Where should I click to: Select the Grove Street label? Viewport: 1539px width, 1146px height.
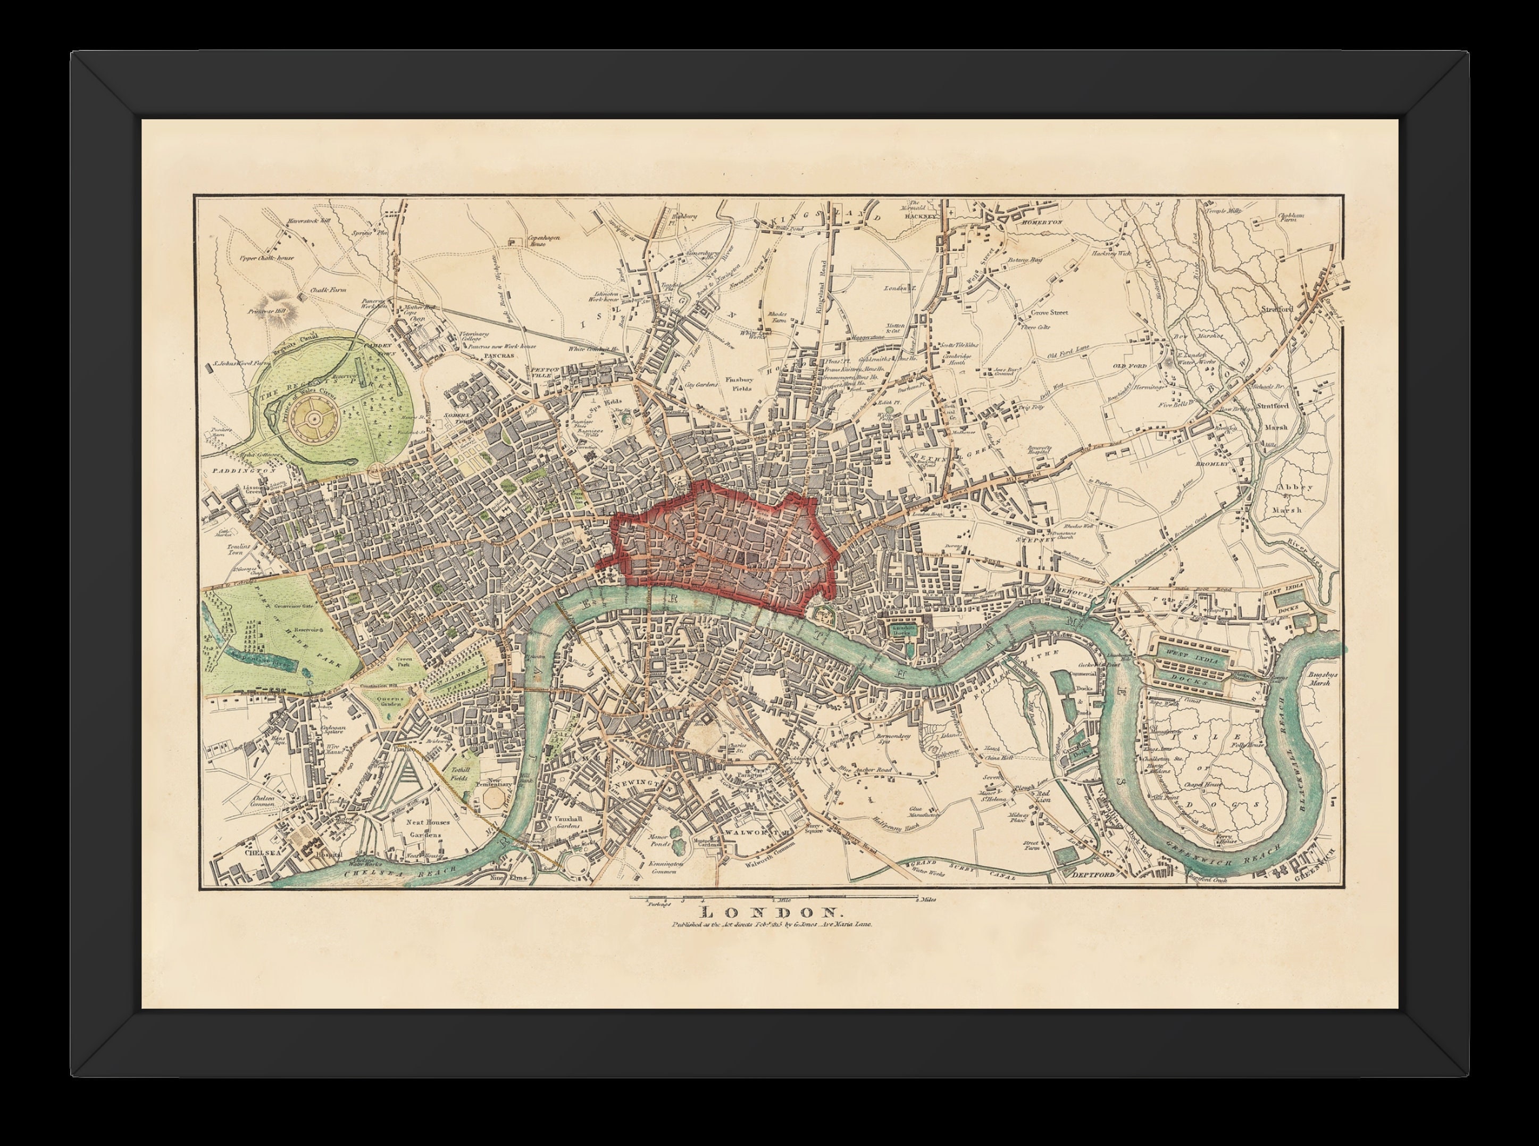pos(1049,312)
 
